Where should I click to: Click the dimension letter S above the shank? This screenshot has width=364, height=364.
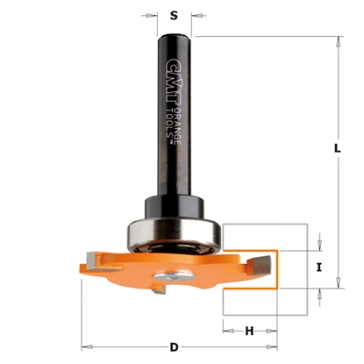pos(174,15)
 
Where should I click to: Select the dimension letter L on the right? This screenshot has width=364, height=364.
pos(337,149)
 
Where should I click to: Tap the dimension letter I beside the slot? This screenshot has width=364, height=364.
pos(319,268)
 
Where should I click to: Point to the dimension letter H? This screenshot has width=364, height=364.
pos(249,331)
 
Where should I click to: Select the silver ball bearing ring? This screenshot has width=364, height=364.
pos(175,232)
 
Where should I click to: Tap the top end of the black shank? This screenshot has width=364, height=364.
pos(175,36)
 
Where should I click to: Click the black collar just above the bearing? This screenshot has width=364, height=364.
pos(175,211)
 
